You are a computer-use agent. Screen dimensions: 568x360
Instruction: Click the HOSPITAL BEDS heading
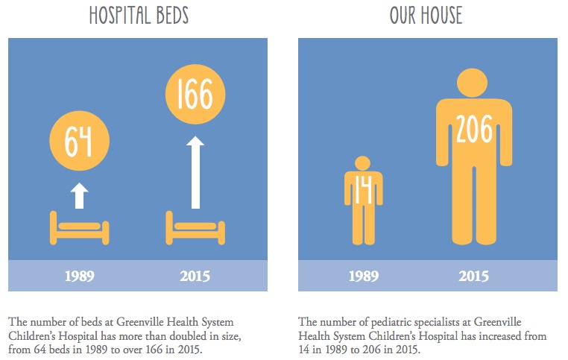pos(139,16)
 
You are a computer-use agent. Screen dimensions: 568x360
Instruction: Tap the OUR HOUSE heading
pos(426,16)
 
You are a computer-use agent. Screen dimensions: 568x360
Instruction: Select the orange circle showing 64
pos(79,141)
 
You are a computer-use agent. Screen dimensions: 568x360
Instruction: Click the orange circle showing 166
pos(195,94)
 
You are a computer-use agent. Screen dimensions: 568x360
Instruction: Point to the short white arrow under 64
pos(79,195)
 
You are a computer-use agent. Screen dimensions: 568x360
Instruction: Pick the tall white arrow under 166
pos(195,172)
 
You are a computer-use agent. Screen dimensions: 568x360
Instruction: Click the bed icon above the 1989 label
pos(79,228)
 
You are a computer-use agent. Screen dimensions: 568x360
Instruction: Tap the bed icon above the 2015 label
pos(195,228)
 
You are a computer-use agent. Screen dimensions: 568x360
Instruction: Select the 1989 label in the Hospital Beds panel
pos(80,276)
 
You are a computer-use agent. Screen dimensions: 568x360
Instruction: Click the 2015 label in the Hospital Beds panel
pos(195,276)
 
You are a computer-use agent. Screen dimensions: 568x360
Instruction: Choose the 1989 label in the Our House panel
pos(364,276)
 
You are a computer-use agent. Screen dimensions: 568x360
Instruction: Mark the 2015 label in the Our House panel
pos(474,276)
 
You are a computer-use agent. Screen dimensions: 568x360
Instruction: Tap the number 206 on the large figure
pos(474,128)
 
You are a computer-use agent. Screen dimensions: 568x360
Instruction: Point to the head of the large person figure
pos(472,83)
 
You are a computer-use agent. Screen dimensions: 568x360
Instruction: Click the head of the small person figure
pos(362,163)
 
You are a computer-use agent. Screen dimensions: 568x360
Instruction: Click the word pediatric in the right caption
pos(391,322)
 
